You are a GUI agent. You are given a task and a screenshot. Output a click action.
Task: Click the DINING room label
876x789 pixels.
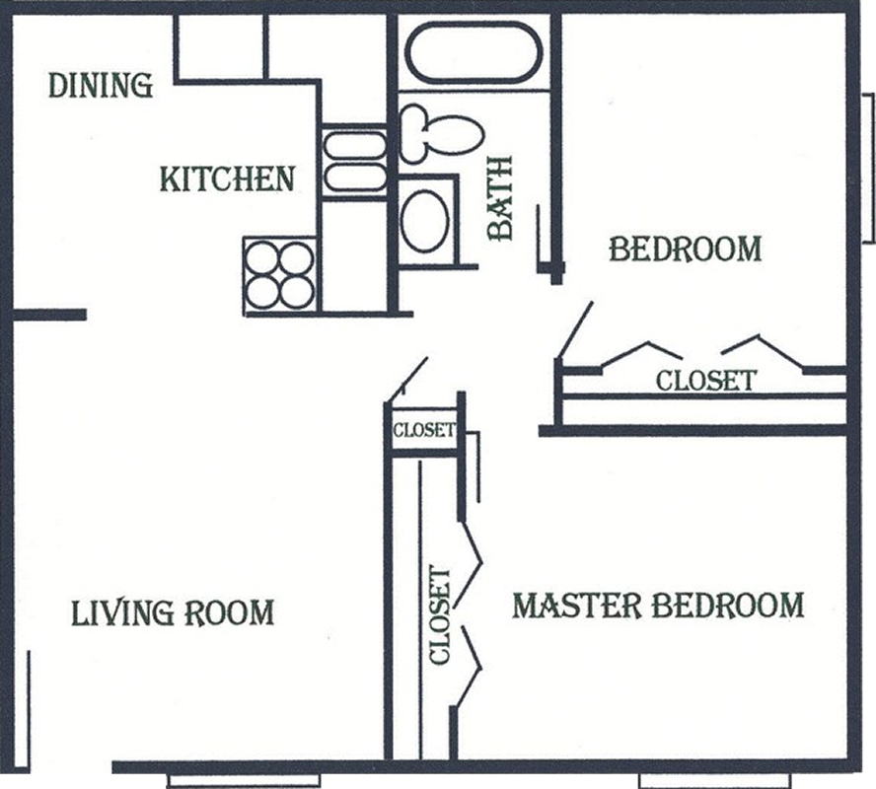[x=101, y=86]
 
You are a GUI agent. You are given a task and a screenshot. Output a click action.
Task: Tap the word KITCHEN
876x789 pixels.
[x=227, y=179]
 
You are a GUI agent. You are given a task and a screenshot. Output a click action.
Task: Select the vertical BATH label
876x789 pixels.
[x=500, y=198]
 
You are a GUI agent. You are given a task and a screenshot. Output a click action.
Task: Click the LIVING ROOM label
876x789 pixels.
[x=173, y=612]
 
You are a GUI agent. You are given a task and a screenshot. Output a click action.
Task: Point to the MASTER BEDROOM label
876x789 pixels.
[x=658, y=606]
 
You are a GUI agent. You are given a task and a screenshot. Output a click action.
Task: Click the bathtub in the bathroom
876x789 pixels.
[x=473, y=53]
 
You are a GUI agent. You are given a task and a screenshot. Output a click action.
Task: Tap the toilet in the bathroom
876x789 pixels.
[x=441, y=133]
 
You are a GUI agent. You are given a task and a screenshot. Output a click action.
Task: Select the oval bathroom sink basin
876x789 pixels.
[x=425, y=221]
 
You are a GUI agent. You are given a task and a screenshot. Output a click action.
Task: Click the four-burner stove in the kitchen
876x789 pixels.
[x=280, y=275]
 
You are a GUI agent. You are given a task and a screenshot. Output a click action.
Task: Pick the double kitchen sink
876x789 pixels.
[x=355, y=162]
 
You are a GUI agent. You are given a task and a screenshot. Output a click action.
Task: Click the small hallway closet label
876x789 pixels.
[x=424, y=430]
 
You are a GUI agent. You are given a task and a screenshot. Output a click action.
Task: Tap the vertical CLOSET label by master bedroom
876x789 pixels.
[x=440, y=615]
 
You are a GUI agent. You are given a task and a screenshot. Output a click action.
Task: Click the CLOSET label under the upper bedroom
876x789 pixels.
[x=705, y=381]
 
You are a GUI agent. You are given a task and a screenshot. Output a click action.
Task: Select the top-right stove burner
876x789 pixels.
[x=296, y=258]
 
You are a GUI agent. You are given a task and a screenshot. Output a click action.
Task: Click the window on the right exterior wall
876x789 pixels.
[x=868, y=168]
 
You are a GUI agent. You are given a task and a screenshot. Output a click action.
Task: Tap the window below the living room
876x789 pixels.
[x=244, y=779]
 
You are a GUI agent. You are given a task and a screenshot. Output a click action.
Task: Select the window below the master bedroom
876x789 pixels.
[x=715, y=779]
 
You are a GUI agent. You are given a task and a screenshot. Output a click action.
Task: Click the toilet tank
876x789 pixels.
[x=413, y=133]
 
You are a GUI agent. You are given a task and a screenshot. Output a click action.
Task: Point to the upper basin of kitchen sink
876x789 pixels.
[x=355, y=145]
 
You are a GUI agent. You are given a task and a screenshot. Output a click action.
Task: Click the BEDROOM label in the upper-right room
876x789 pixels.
[x=685, y=250]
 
